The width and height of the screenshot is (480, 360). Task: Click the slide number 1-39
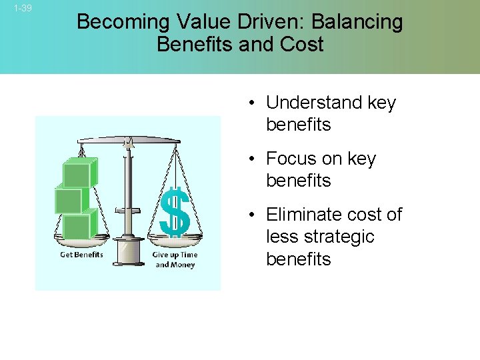point(22,8)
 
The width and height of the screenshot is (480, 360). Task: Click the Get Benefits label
point(81,255)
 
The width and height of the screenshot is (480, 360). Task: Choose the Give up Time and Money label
point(175,260)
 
